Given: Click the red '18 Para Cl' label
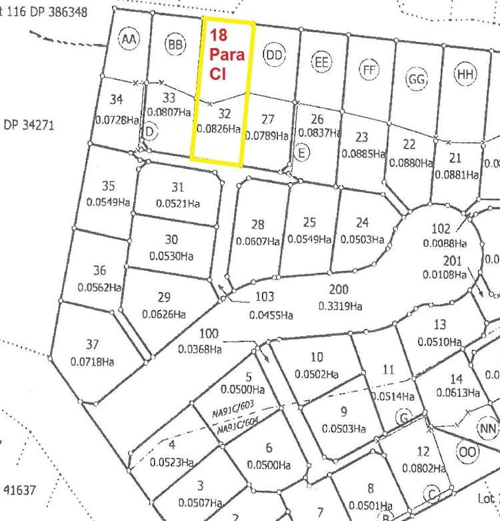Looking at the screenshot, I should (x=227, y=54).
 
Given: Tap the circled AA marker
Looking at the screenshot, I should (x=129, y=40).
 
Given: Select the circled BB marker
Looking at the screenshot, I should (x=175, y=45).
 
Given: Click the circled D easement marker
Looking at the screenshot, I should (x=151, y=133).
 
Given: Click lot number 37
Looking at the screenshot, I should (x=92, y=345).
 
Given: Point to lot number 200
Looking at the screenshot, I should (x=339, y=290).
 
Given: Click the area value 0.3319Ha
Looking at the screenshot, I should (x=339, y=306).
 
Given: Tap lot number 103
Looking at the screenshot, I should (x=265, y=297).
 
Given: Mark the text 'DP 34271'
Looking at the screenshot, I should (x=28, y=125).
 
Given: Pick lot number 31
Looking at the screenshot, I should (x=177, y=187).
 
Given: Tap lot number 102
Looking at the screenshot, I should (x=441, y=228).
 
